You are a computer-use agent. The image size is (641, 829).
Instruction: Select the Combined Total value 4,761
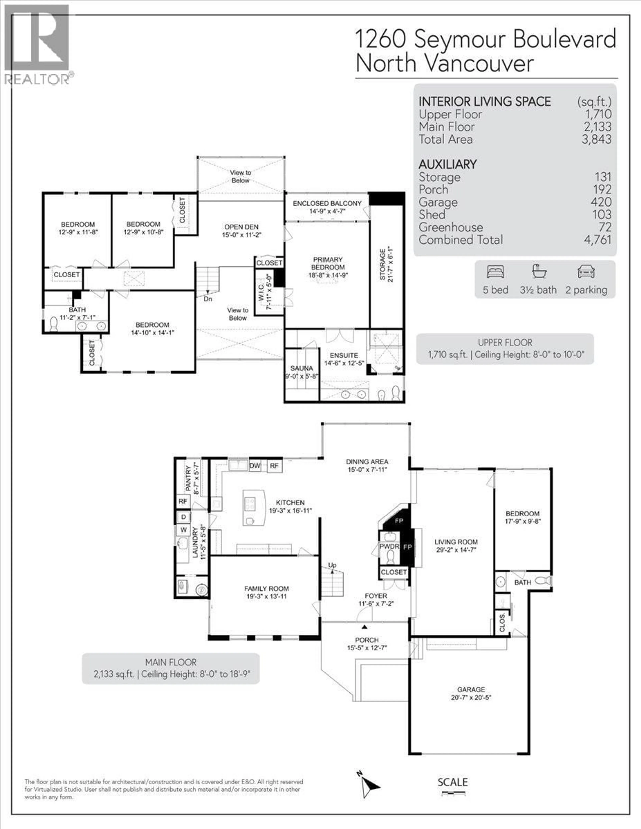[597, 240]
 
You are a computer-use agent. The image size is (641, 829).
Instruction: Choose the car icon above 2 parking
[586, 272]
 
